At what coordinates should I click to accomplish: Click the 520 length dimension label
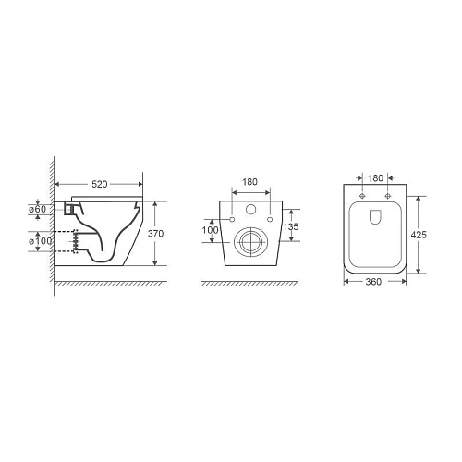(100, 184)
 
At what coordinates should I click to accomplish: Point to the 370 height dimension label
(155, 234)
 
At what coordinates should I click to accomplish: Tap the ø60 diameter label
(38, 209)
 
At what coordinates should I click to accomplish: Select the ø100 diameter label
(40, 241)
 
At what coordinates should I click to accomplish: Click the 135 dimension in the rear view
(291, 226)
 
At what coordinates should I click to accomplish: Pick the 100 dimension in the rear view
(210, 230)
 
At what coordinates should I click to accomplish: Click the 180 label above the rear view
(249, 182)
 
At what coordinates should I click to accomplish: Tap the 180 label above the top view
(376, 178)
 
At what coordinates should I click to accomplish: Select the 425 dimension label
(419, 235)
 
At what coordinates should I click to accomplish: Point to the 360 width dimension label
(373, 282)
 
